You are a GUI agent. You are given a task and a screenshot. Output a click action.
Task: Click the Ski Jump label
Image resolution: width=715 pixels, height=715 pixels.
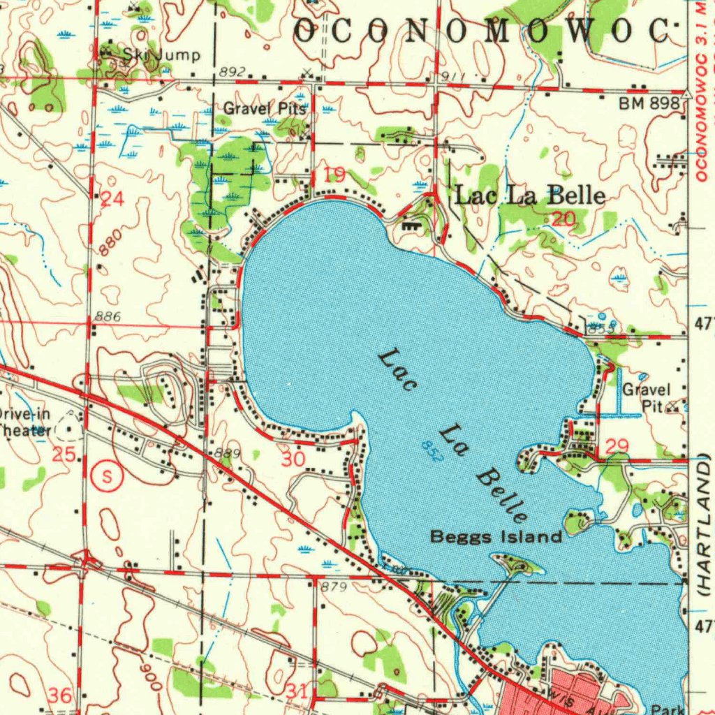pos(161,55)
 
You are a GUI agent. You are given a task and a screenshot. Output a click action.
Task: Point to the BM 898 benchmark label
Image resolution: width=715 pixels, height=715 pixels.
pos(649,103)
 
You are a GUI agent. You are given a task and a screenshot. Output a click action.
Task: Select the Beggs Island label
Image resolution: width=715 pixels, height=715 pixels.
pos(496,536)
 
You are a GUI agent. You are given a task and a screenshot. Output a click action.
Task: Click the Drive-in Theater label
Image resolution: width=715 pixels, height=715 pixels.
pos(24,422)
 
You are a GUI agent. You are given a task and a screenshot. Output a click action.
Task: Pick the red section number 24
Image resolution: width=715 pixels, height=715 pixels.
pos(112,200)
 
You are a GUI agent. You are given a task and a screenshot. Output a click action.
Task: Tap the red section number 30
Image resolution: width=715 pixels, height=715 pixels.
pos(293,458)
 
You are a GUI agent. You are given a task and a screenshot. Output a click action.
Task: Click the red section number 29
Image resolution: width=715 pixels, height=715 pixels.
pos(618,446)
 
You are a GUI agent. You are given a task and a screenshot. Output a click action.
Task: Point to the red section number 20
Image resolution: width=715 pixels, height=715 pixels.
pos(563,219)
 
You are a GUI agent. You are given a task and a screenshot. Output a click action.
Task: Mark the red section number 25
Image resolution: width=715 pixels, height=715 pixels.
pos(64,455)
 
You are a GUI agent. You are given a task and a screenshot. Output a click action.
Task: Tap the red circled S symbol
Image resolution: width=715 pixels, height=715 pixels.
pos(107,476)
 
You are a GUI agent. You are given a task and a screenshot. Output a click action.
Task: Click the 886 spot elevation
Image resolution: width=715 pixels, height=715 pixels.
pos(108,317)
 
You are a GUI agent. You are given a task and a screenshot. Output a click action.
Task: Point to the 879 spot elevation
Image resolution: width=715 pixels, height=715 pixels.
pos(334,587)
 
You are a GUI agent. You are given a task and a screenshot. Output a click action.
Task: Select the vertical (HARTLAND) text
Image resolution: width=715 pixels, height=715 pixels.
pos(704,524)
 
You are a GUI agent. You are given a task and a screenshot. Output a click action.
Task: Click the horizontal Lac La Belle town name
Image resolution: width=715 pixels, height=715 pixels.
pos(529,196)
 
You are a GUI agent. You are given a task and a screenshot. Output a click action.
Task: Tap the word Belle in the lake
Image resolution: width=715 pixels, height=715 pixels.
pos(501,496)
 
